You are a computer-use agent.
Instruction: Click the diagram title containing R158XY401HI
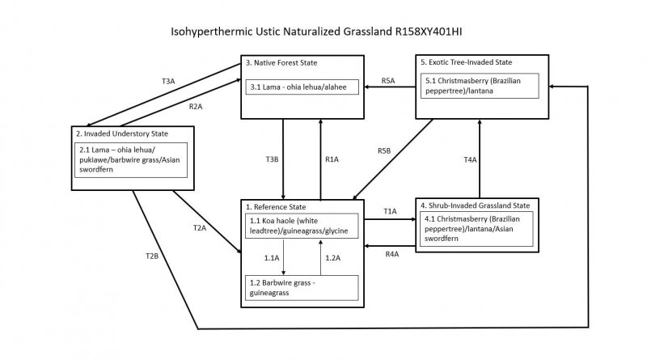pyautogui.click(x=323, y=33)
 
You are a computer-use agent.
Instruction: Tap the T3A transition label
pyautogui.click(x=168, y=81)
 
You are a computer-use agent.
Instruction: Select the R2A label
pyautogui.click(x=195, y=107)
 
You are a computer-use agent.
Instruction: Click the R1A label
pyautogui.click(x=332, y=160)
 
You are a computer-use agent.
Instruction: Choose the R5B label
pyautogui.click(x=385, y=150)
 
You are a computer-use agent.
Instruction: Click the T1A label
pyautogui.click(x=391, y=211)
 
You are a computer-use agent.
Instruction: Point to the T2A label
pyautogui.click(x=200, y=229)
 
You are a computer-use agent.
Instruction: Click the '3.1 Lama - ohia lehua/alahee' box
pyautogui.click(x=302, y=86)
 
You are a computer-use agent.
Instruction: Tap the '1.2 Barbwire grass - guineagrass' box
pyautogui.click(x=302, y=287)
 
